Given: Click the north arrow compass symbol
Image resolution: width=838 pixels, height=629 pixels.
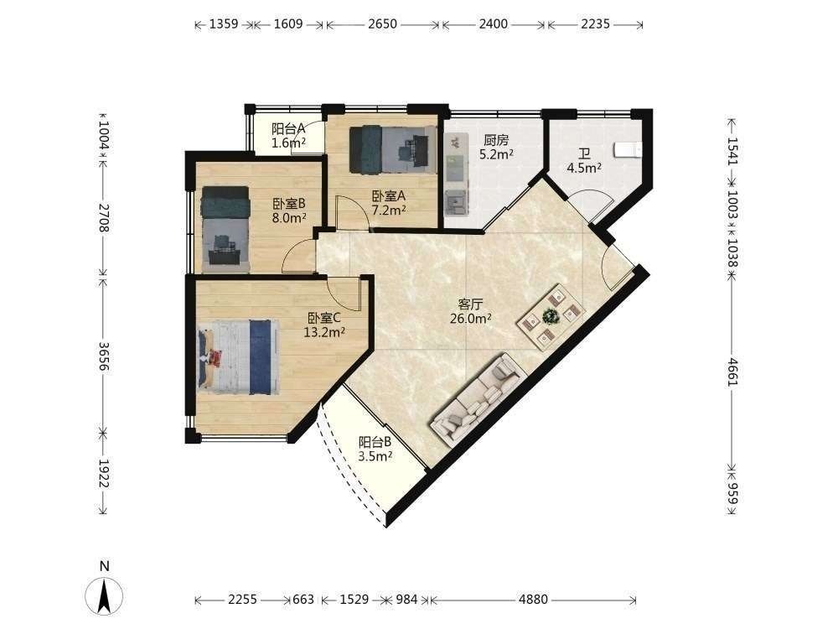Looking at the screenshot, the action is [x=104, y=595].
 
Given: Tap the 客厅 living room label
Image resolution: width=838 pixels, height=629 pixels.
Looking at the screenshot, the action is [x=471, y=304].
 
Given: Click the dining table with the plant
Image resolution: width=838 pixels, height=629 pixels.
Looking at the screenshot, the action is [x=551, y=317].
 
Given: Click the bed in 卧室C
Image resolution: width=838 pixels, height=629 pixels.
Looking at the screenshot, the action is [x=238, y=356].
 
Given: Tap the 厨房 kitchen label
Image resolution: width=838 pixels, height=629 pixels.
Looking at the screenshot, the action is [x=496, y=141].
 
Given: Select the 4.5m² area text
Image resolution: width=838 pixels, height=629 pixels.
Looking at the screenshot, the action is [x=584, y=168].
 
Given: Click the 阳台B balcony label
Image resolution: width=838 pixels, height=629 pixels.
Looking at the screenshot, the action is [x=375, y=442].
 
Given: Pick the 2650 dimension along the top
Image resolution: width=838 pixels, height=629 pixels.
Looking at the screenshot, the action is [x=383, y=24].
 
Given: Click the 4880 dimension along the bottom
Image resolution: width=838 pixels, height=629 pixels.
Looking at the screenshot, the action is [x=533, y=600].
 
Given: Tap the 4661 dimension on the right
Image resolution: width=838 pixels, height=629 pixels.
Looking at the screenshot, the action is [x=732, y=372].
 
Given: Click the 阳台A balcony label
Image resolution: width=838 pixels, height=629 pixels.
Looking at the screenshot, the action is [x=288, y=128].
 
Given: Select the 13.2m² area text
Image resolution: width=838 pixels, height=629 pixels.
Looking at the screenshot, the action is [x=324, y=332].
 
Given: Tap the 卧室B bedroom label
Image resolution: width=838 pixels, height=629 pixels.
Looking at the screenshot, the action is [x=289, y=204].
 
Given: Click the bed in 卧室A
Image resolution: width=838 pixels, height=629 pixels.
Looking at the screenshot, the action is [x=391, y=149].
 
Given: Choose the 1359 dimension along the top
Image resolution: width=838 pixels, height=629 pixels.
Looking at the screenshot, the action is [x=224, y=24].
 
